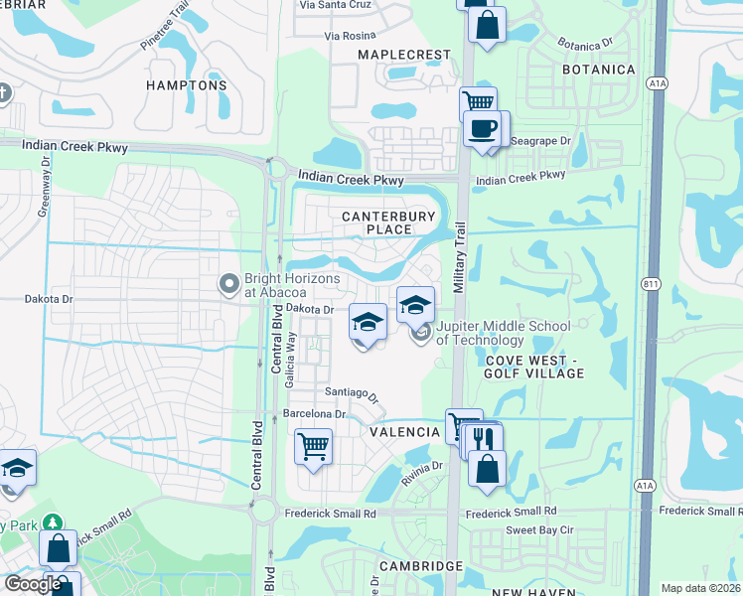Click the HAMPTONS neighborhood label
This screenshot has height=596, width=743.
pos(186,85)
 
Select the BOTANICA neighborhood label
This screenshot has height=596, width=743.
pos(598,70)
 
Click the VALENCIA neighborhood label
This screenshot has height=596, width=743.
pos(405,432)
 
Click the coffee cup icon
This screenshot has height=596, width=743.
pos(484,129)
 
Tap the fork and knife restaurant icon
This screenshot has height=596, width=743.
pos(484,438)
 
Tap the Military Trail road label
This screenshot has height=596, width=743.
pos(459,255)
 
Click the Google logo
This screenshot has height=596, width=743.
pos(32,584)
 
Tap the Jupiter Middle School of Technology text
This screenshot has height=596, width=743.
pos(504,333)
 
